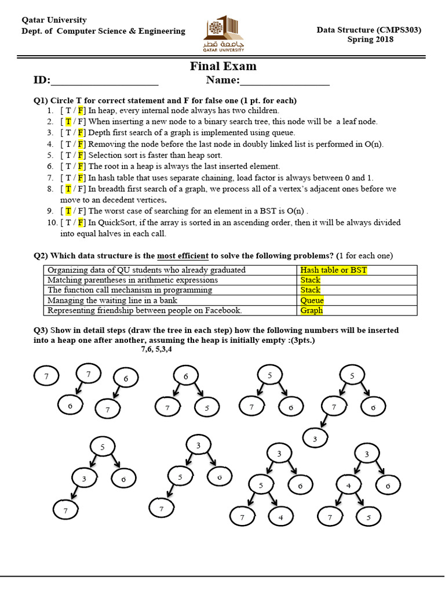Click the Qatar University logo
[223, 36]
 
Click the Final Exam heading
[223, 66]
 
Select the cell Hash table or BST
[333, 270]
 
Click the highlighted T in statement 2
[68, 121]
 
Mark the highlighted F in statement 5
[81, 155]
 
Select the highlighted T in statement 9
[68, 211]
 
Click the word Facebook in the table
[222, 310]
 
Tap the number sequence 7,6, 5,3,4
[156, 349]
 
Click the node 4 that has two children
[349, 485]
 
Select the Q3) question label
[40, 330]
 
